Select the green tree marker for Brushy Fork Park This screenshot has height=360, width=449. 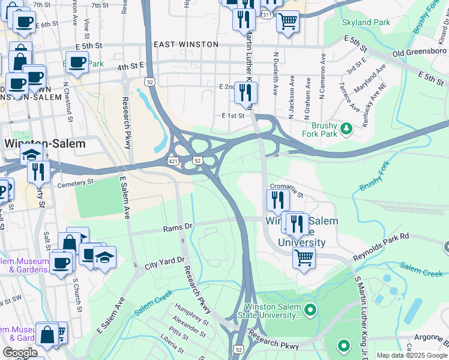tap(346, 128)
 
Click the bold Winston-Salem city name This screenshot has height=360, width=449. tap(44, 144)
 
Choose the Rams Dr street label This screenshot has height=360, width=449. tap(178, 228)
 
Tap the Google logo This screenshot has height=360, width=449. tap(20, 353)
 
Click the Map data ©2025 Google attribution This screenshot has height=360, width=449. tap(412, 355)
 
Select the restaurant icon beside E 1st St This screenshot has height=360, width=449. tap(246, 92)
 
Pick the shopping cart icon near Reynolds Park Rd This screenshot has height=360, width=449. tap(304, 258)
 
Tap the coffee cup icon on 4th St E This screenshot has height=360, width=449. tap(77, 62)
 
